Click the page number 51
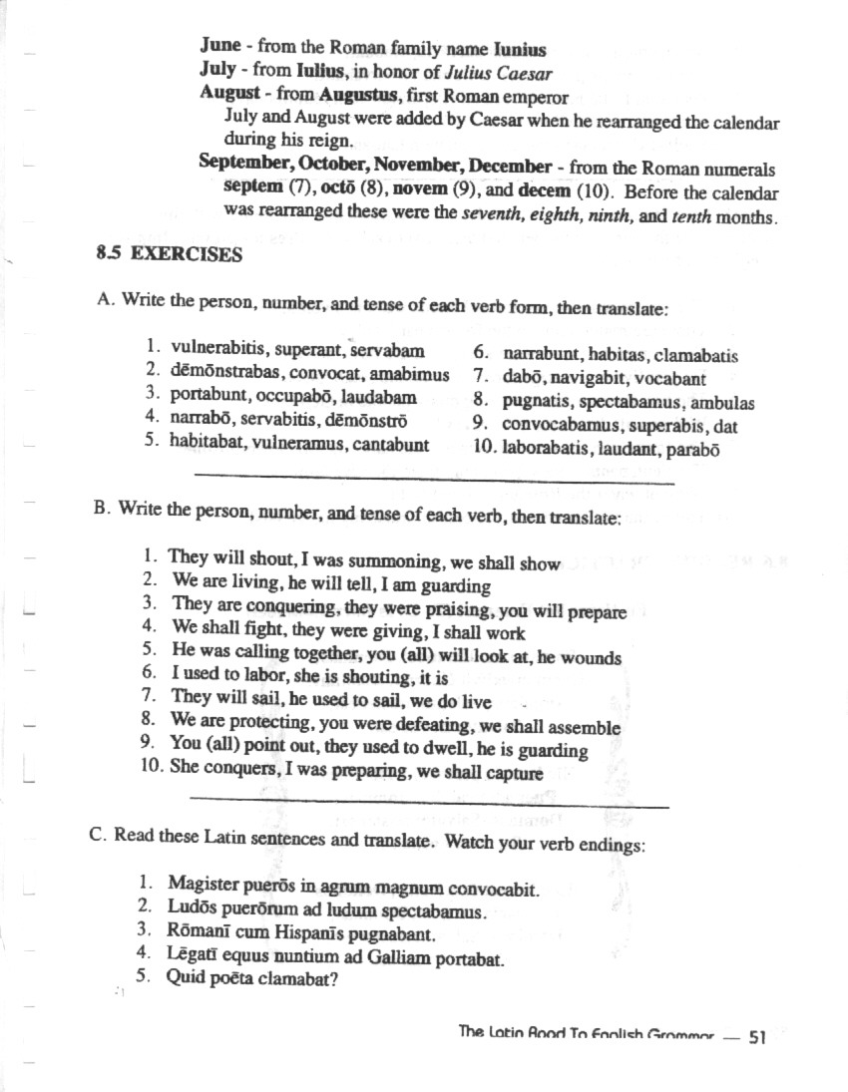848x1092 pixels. (756, 1038)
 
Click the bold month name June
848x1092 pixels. (220, 47)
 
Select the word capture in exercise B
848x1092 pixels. (514, 774)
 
